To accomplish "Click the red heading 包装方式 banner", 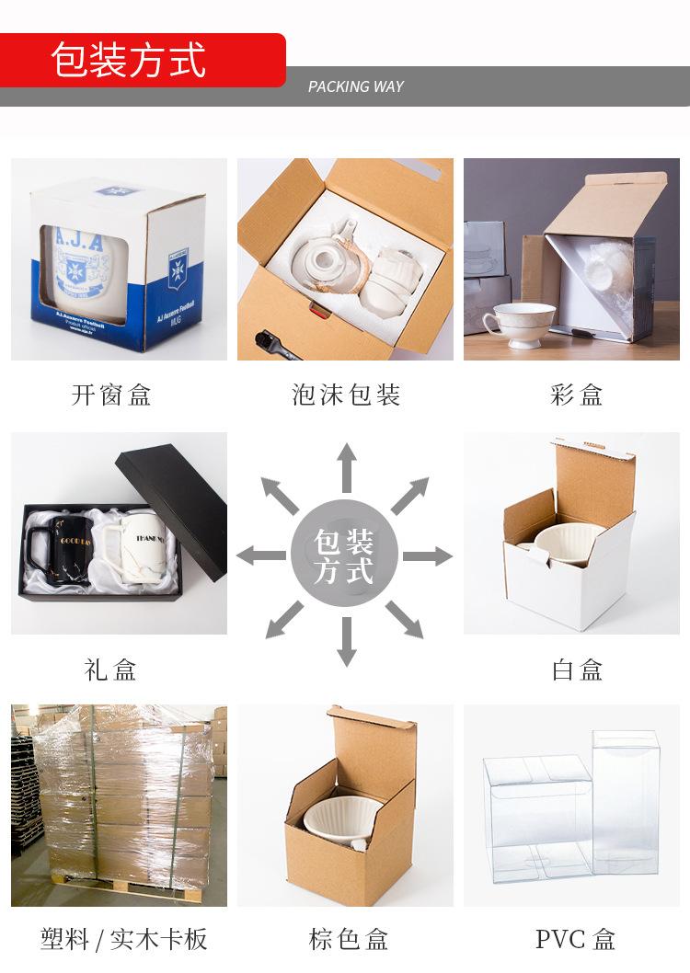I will [129, 60].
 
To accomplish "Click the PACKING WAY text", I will [355, 86].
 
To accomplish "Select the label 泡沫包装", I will [346, 395].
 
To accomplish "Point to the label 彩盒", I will [577, 395].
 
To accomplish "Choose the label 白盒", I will [577, 670].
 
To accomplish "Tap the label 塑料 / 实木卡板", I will [123, 939].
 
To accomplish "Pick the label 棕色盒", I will [348, 939].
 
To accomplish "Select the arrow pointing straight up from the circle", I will [346, 467].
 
